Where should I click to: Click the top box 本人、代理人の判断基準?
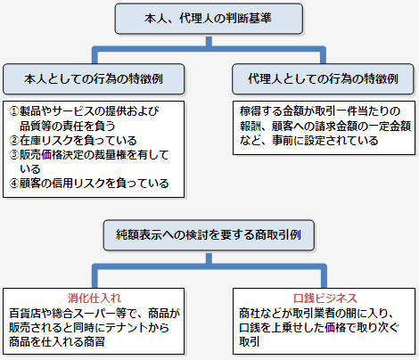click(209, 18)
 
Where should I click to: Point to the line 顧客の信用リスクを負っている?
click(94, 184)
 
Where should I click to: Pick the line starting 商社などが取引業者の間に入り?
click(321, 313)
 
